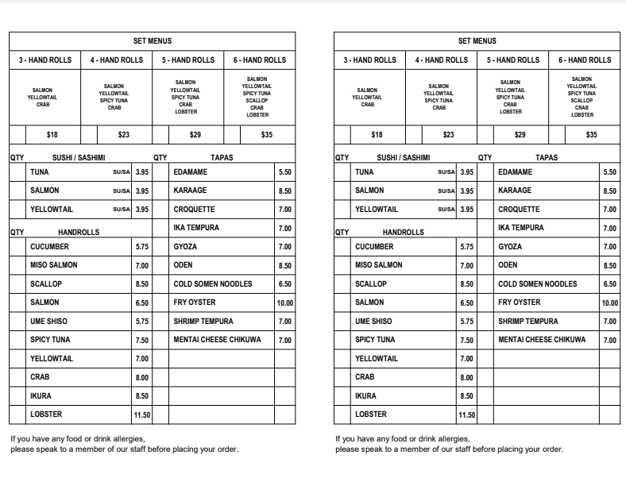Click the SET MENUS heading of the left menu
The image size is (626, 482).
pos(152,41)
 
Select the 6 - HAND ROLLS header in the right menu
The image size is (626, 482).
pos(585,60)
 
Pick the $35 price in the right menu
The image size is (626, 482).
pos(592,135)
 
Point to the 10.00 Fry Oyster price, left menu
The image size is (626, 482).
pos(285,303)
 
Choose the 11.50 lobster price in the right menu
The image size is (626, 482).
pos(467,415)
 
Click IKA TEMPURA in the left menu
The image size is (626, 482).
pos(196,228)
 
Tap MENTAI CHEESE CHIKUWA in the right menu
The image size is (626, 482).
pos(542,340)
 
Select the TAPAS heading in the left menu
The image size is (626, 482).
pos(222,158)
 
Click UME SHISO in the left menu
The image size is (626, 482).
pos(48,322)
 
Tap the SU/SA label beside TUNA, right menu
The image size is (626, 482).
pos(446,172)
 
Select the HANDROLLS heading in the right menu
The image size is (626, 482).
pos(404,233)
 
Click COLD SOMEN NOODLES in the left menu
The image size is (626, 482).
pos(213,284)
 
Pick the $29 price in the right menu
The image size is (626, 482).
pos(520,135)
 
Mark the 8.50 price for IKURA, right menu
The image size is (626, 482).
pos(467,396)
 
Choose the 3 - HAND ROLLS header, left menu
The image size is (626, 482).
pos(45,60)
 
